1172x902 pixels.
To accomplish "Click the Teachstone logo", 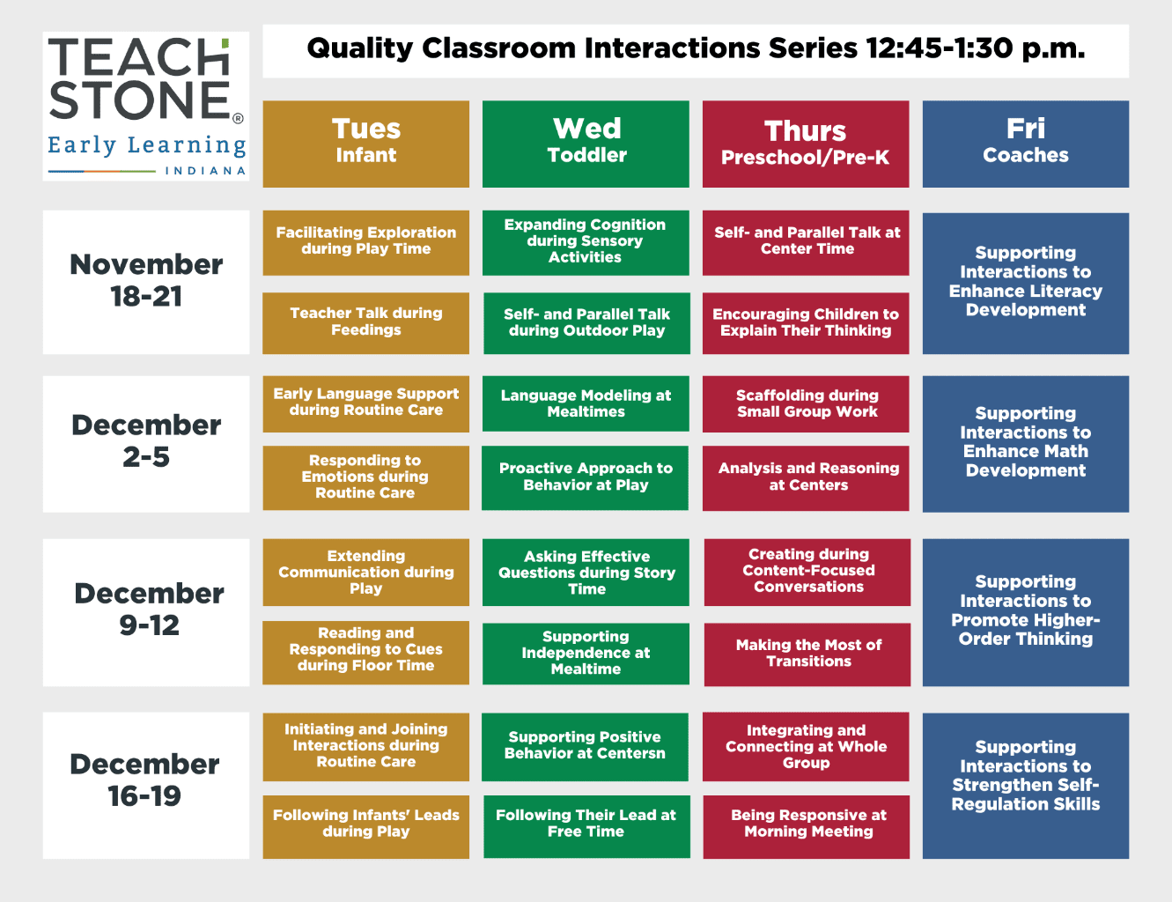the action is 145,106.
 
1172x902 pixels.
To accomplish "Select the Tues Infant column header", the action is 365,144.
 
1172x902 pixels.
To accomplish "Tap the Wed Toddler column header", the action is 586,144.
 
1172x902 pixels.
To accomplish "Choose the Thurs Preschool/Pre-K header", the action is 806,144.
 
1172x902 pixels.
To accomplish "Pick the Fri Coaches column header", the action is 1025,144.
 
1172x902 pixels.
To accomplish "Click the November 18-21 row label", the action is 145,282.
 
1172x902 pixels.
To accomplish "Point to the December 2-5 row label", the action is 145,444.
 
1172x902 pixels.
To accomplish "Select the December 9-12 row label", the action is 145,612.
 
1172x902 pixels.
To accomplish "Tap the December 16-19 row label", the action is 145,786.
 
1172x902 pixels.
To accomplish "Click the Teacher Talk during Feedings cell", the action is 365,323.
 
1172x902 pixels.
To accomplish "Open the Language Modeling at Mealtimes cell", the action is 586,403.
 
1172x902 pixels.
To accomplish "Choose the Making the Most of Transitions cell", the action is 807,654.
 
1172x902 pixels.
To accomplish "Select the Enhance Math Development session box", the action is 1025,444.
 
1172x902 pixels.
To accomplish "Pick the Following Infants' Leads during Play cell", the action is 365,826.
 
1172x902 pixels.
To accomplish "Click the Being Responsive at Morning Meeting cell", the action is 807,826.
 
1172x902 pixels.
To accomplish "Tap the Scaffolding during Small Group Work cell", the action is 806,404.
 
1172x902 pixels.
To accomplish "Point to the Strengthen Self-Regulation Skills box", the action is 1025,786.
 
